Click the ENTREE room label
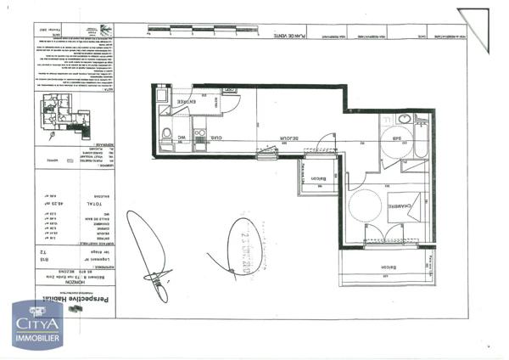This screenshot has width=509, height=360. (x=187, y=103)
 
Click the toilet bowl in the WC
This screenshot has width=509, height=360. (x=167, y=132)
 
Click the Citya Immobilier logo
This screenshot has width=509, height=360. (x=36, y=323)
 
